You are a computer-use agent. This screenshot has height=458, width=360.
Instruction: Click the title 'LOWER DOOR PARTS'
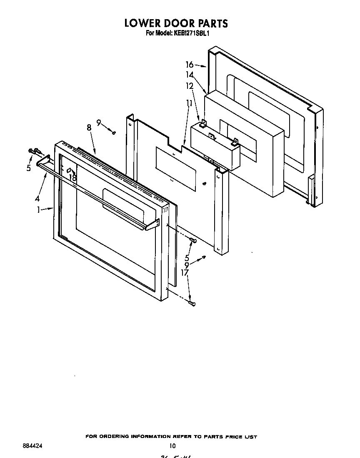point(176,23)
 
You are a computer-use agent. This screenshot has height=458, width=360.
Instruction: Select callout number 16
point(190,65)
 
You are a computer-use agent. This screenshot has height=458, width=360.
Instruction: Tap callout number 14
point(190,75)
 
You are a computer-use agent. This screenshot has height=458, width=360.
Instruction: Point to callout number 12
point(190,86)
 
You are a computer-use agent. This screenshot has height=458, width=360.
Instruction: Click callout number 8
point(89,128)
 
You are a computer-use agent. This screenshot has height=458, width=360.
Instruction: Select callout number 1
point(38,210)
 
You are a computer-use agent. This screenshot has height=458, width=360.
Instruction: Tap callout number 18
point(73,177)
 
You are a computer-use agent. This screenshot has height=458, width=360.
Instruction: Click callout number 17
point(185,273)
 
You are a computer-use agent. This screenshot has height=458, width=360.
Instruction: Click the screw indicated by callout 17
point(192,304)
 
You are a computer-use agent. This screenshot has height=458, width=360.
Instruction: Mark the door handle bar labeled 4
point(96,193)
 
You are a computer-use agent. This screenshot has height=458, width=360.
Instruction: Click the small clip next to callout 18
point(69,170)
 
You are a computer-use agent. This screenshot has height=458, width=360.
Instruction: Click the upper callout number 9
point(99,123)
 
